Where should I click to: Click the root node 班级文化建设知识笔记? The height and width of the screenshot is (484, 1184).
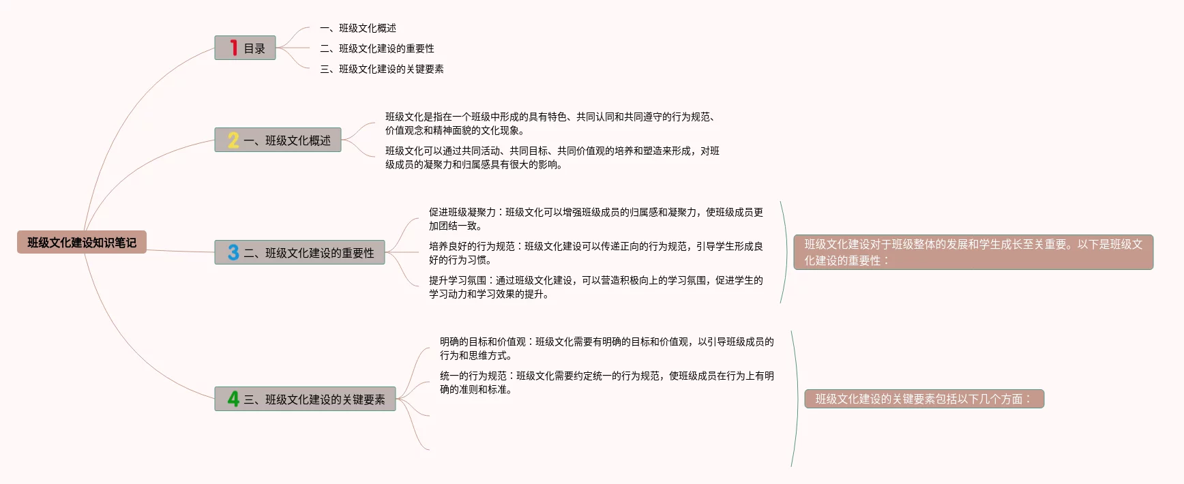[x=82, y=242]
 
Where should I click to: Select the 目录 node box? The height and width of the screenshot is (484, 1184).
[x=246, y=48]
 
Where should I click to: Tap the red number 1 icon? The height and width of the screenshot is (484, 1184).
[x=233, y=48]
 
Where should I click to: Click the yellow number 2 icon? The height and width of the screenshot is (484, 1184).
[x=233, y=140]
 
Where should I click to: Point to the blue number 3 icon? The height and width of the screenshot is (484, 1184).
[x=233, y=252]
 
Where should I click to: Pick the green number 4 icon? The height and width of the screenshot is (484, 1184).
[x=233, y=399]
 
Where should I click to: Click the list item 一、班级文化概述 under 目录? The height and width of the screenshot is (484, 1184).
[x=358, y=28]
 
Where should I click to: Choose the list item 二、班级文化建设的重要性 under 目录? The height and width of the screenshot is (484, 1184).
[x=377, y=48]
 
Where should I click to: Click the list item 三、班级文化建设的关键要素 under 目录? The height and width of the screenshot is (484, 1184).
[x=382, y=69]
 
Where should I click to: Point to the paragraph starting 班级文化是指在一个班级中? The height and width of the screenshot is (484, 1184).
[x=549, y=123]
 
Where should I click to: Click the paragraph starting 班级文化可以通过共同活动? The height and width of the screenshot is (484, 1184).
[x=552, y=157]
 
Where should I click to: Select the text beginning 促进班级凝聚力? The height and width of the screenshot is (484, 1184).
[x=595, y=219]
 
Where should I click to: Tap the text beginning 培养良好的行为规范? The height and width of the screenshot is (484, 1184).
[x=595, y=253]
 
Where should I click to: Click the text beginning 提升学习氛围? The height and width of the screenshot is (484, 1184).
[x=595, y=287]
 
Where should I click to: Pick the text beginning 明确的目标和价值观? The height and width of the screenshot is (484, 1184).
[x=606, y=348]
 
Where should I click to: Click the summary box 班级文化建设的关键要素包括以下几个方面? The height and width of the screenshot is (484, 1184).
[x=923, y=399]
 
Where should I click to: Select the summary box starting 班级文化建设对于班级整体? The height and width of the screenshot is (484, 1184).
[x=973, y=252]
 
